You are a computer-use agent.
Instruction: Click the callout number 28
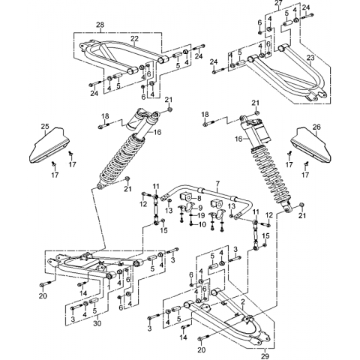pyautogui.click(x=100, y=25)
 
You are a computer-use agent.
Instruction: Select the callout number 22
pyautogui.click(x=134, y=39)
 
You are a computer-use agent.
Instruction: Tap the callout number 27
pyautogui.click(x=279, y=3)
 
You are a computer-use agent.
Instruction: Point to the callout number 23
pyautogui.click(x=310, y=58)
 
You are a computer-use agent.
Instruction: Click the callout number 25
pyautogui.click(x=45, y=127)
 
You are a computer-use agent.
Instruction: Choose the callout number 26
pyautogui.click(x=316, y=127)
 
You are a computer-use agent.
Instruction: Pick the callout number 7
pyautogui.click(x=217, y=184)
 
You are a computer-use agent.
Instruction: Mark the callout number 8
pyautogui.click(x=199, y=199)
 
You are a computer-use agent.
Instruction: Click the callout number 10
pyautogui.click(x=202, y=224)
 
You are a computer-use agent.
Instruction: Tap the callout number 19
pyautogui.click(x=201, y=215)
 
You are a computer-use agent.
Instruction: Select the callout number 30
pyautogui.click(x=97, y=323)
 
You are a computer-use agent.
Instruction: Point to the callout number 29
pyautogui.click(x=265, y=355)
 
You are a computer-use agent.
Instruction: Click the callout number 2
pyautogui.click(x=242, y=302)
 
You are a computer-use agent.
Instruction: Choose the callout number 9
pyautogui.click(x=200, y=208)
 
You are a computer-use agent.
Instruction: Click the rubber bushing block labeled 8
pyautogui.click(x=186, y=196)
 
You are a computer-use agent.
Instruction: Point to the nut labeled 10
pyautogui.click(x=191, y=224)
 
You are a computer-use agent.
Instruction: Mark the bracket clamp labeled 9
pyautogui.click(x=189, y=208)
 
